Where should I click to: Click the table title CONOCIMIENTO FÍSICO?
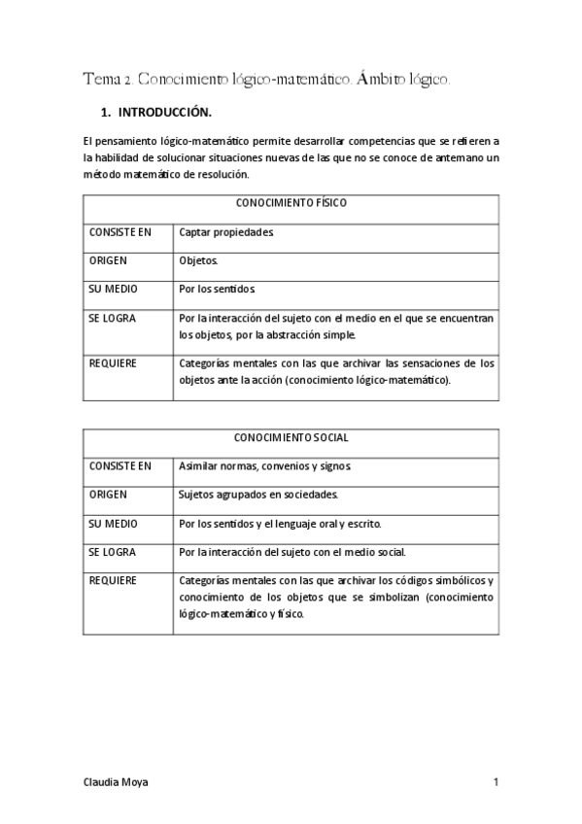click(x=291, y=204)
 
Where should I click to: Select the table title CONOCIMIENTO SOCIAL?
click(x=291, y=438)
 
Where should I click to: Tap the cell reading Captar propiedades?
click(x=226, y=233)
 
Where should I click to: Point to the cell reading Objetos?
click(x=199, y=261)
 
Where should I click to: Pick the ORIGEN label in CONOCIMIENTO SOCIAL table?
click(x=108, y=495)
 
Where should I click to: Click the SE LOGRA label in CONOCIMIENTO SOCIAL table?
click(x=112, y=552)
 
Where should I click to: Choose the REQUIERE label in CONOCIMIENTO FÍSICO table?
click(x=113, y=364)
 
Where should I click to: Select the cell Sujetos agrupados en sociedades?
click(x=258, y=495)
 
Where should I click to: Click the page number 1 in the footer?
click(x=496, y=781)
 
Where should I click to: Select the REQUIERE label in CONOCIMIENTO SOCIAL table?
click(x=113, y=581)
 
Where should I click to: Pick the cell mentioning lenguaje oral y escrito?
click(x=281, y=524)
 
